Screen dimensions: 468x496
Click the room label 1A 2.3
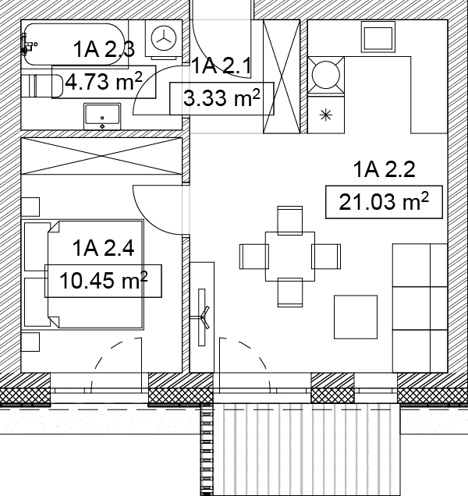(104, 49)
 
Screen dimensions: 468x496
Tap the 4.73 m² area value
(104, 82)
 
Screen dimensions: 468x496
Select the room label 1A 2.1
(222, 66)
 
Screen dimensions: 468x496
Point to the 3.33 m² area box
(222, 98)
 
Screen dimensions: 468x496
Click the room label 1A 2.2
(384, 169)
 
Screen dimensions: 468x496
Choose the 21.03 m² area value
(384, 202)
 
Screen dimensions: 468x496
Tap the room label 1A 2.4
(104, 248)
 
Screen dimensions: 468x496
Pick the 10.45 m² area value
(104, 281)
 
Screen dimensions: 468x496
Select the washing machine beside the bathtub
(164, 39)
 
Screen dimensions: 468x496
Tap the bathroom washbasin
(102, 116)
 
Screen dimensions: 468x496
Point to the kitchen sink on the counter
(378, 37)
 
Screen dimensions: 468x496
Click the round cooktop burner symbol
(326, 76)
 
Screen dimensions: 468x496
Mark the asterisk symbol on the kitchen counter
(326, 115)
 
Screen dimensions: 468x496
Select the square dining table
(290, 257)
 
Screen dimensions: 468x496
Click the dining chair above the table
(290, 221)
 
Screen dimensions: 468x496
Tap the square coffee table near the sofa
(356, 317)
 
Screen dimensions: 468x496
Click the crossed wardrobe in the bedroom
(101, 156)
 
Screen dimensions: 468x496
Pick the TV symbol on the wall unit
(203, 317)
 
